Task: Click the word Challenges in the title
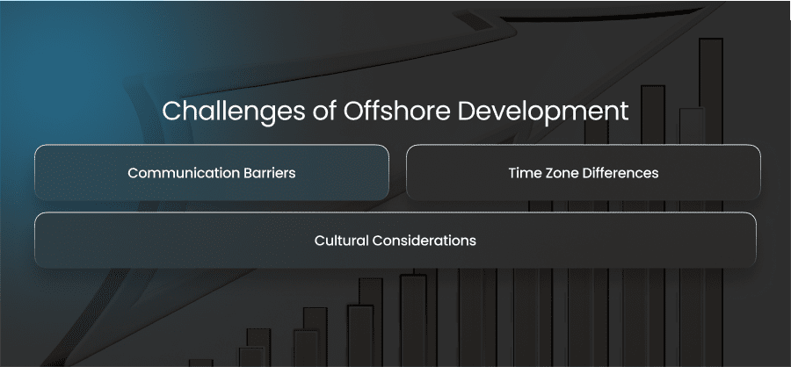[233, 112]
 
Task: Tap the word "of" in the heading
[323, 111]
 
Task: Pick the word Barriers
[270, 173]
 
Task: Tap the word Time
[524, 173]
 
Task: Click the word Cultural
[342, 241]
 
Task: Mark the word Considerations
[425, 241]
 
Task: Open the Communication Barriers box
[212, 172]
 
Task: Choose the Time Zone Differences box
[584, 172]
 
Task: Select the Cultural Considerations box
[395, 240]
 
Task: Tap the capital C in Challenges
[172, 111]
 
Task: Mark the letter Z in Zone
[548, 173]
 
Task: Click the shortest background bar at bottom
[200, 363]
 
